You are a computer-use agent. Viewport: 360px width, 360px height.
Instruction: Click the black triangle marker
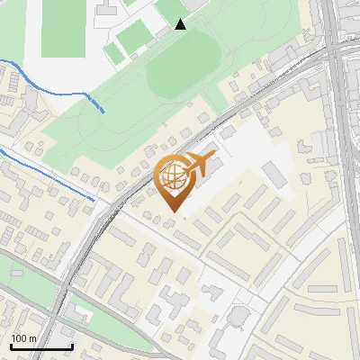[x=181, y=23]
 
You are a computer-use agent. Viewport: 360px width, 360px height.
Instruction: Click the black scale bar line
[x=41, y=347]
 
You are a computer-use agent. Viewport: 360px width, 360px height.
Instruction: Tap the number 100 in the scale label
[x=20, y=338]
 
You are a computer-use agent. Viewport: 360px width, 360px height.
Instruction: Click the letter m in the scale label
[x=33, y=338]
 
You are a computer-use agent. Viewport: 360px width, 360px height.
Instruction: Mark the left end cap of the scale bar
[x=12, y=346]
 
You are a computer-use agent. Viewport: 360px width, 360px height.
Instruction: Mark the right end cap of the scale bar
[x=72, y=346]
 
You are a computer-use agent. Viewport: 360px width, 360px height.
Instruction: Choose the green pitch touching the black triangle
[x=171, y=11]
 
